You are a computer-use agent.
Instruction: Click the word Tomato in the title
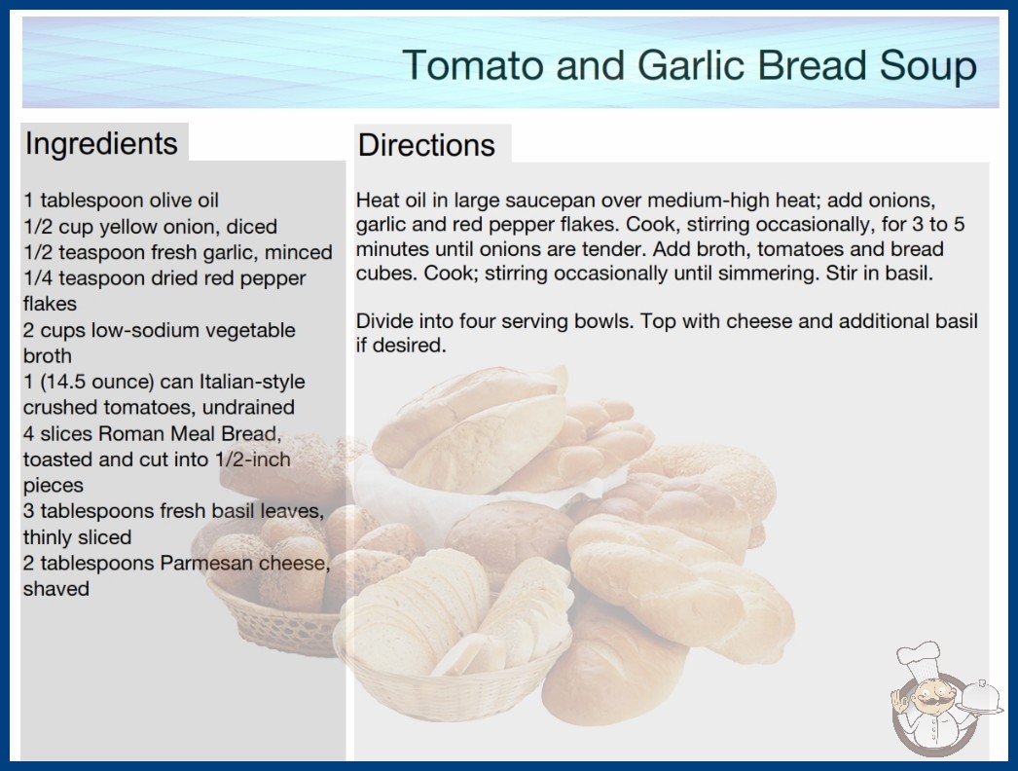point(473,65)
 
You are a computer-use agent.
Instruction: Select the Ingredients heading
point(101,143)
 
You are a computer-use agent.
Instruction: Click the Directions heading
point(426,145)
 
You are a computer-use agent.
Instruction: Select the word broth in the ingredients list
point(48,356)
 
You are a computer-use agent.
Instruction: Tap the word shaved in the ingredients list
point(55,589)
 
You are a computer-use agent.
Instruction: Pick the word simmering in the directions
point(772,274)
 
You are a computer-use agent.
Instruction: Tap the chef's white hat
point(920,659)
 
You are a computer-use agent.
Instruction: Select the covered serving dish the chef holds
point(980,698)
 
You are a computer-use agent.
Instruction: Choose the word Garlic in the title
point(690,65)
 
